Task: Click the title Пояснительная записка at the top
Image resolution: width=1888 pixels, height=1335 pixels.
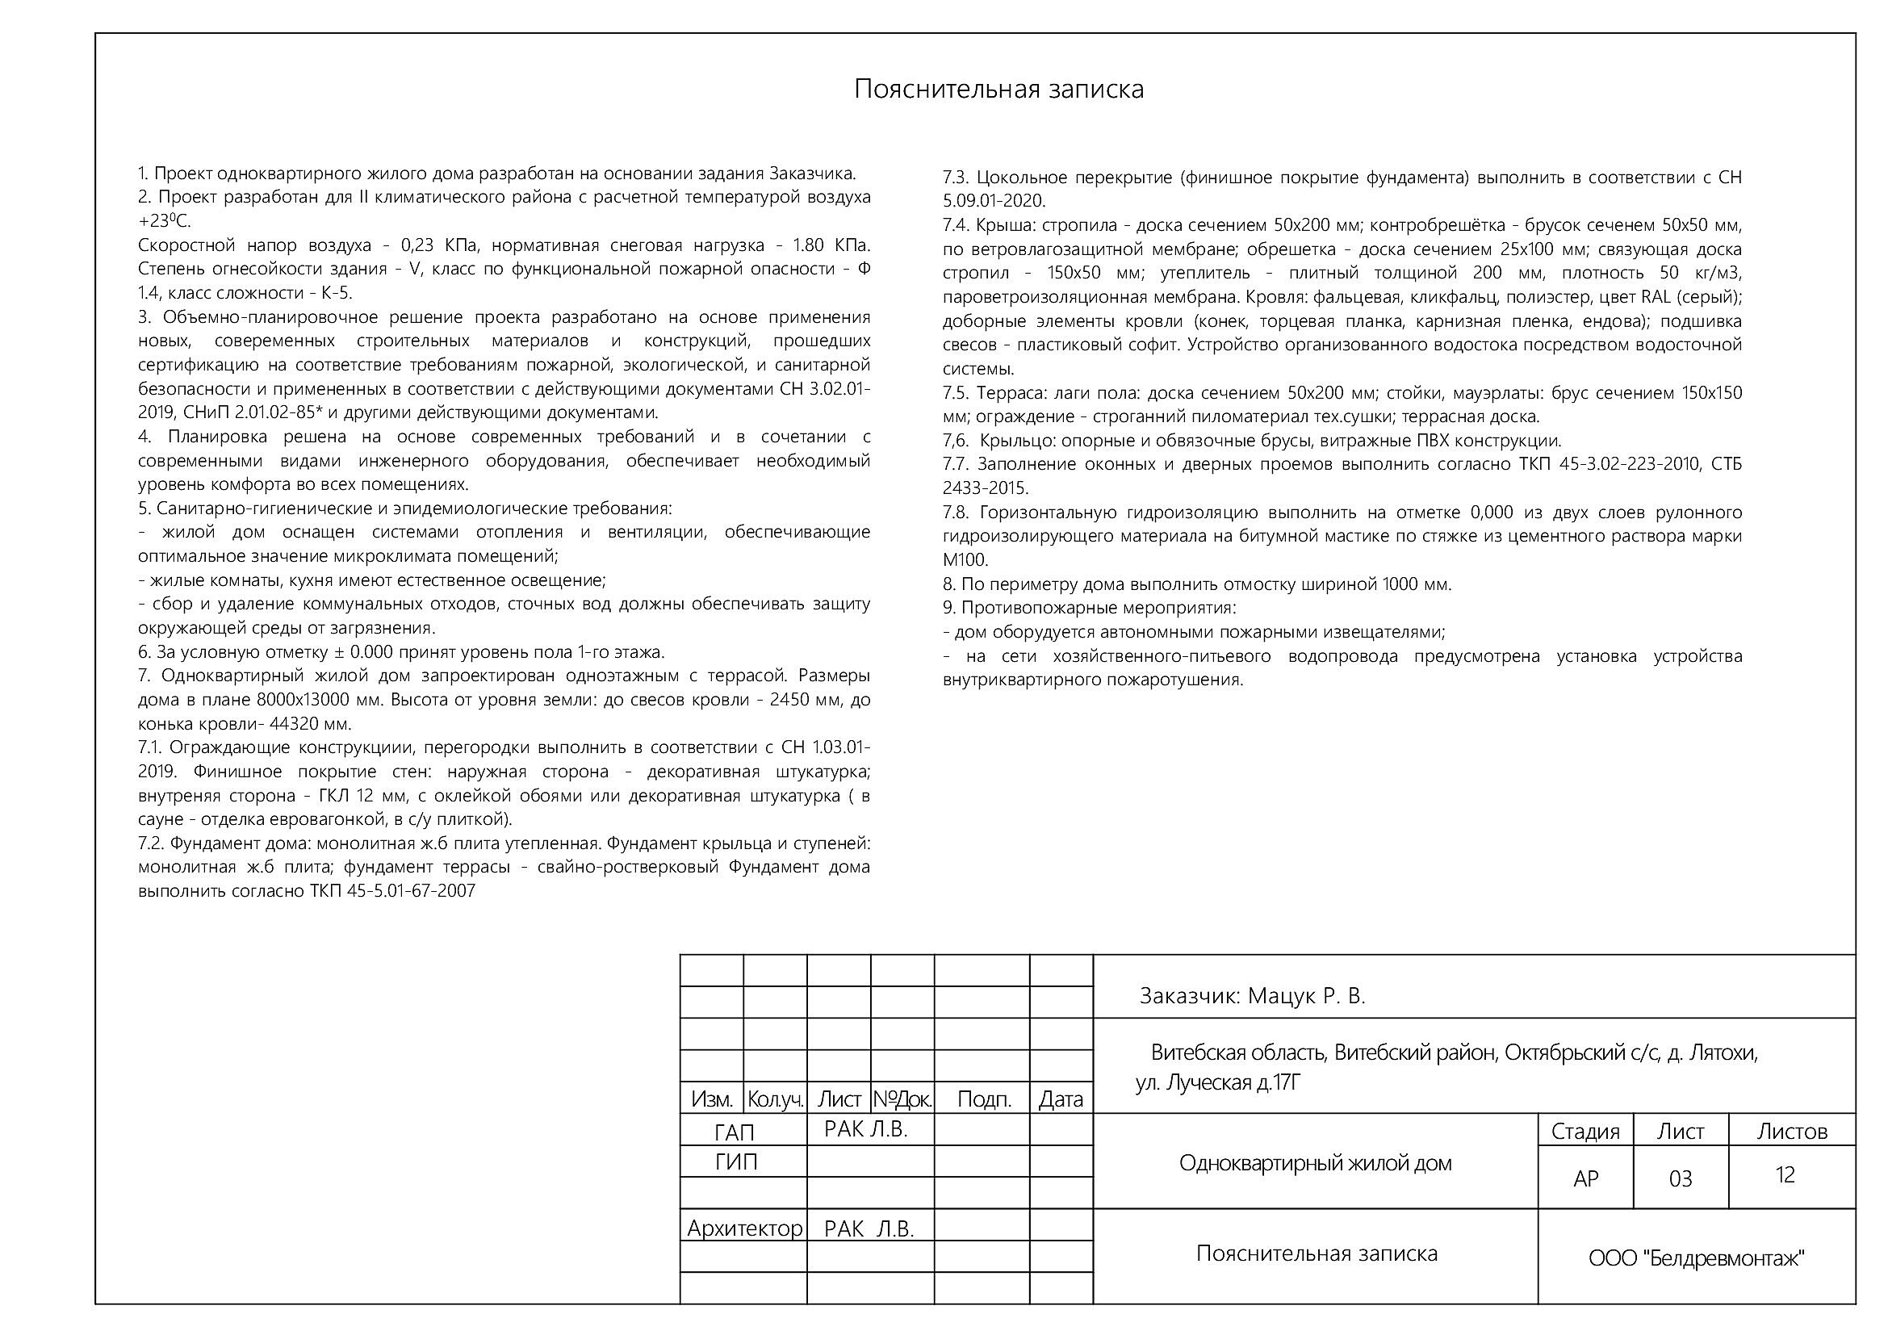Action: pos(998,89)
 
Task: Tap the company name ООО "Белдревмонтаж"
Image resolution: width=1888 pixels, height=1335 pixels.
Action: pos(1696,1258)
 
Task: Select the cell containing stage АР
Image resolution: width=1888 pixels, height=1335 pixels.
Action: pos(1585,1178)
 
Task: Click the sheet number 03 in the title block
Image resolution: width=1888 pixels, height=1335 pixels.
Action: pos(1680,1178)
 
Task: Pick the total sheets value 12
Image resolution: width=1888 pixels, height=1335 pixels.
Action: pos(1785,1174)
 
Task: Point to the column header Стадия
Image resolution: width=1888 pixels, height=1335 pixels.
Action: pos(1584,1132)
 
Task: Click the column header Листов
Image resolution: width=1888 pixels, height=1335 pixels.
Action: pos(1792,1132)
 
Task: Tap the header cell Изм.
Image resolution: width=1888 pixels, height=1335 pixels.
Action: pos(711,1099)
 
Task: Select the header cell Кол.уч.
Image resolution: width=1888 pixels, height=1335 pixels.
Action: pos(775,1099)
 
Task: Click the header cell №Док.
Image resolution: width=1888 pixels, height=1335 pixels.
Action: pos(902,1099)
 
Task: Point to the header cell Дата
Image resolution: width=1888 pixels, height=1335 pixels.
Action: pos(1061,1099)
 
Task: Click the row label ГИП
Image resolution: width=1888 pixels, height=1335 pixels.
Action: pos(736,1161)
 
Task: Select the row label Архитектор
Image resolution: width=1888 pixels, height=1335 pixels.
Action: pos(744,1228)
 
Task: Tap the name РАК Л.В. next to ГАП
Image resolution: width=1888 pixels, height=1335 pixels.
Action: pos(865,1129)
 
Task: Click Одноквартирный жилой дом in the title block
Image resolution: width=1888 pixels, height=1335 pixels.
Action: pos(1315,1163)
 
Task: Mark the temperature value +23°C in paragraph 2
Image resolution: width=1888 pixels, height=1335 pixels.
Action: pos(164,222)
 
